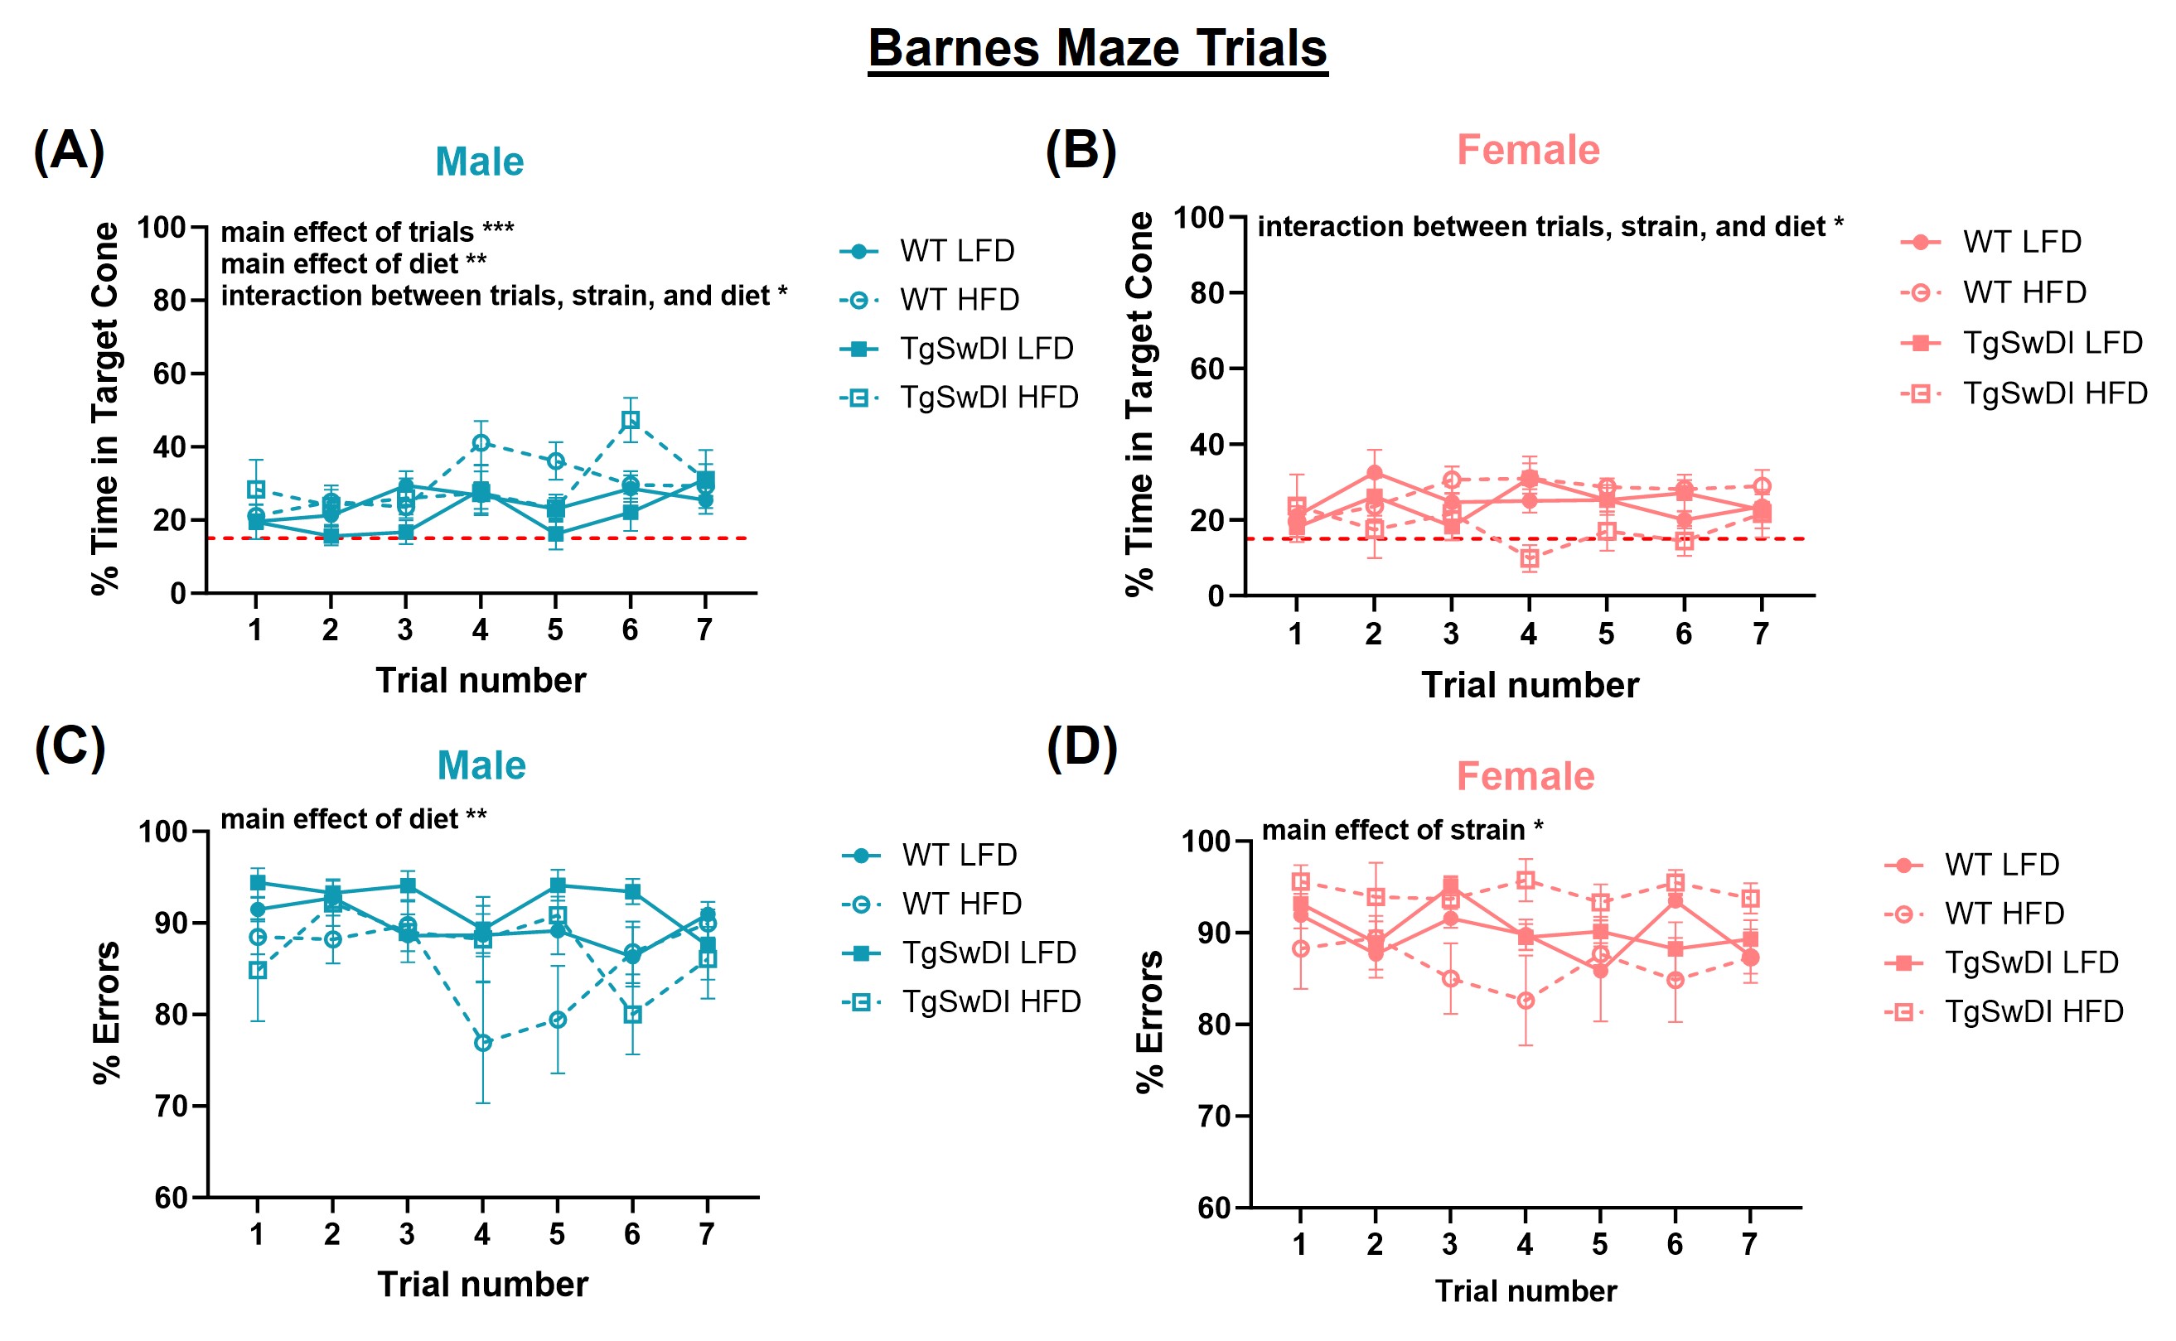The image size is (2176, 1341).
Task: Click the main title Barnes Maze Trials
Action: [x=1096, y=48]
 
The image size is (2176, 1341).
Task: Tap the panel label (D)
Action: [x=1081, y=747]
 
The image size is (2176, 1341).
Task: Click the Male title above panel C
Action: [x=481, y=765]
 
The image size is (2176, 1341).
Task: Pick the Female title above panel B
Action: [x=1527, y=150]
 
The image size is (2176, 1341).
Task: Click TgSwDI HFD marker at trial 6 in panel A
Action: [x=630, y=421]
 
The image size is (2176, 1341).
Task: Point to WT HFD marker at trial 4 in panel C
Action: [x=482, y=1043]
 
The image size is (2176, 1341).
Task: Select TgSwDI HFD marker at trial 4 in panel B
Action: [x=1529, y=558]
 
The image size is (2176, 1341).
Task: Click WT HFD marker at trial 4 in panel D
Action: [x=1525, y=1001]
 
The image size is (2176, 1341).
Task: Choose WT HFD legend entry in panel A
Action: [x=959, y=300]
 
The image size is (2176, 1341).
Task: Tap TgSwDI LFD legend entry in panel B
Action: [x=2052, y=342]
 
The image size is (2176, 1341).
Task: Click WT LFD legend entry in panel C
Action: [x=959, y=855]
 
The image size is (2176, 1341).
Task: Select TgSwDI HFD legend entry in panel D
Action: [x=2033, y=1011]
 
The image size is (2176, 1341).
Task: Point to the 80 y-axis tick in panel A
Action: [x=168, y=301]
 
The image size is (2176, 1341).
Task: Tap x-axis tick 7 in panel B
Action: [x=1761, y=634]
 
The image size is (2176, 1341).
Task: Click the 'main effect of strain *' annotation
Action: [x=1401, y=830]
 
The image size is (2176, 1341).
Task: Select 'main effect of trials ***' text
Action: [x=367, y=233]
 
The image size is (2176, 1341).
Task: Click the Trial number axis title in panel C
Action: [x=481, y=1284]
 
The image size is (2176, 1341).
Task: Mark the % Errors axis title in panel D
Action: [x=1149, y=1020]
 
